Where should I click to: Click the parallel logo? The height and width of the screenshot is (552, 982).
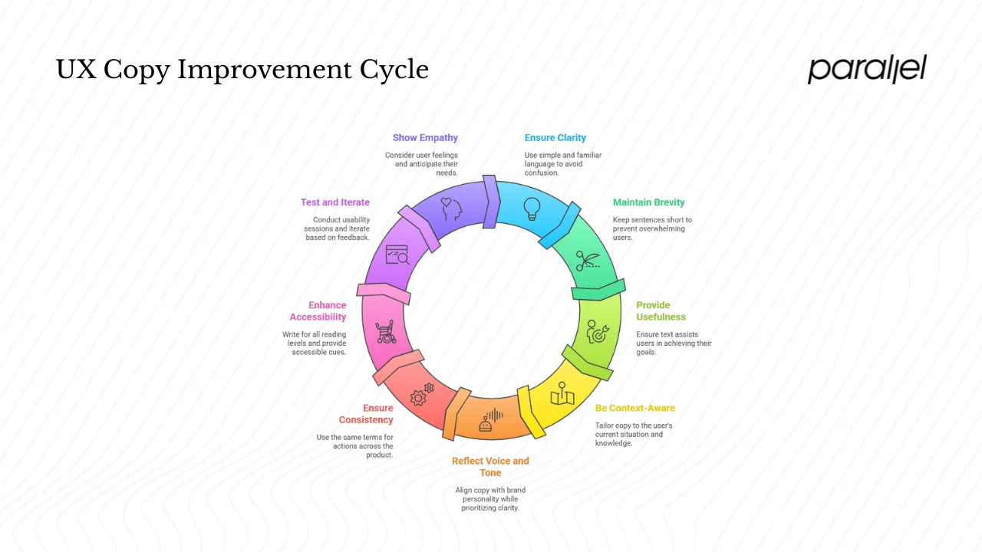(x=867, y=69)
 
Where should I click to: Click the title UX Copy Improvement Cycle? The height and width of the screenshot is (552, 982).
(x=242, y=70)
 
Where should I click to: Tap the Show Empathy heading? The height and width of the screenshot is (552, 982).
(x=425, y=138)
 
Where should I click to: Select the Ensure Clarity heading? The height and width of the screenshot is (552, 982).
(x=555, y=138)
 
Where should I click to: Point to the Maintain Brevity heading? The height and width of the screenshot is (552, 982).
(x=648, y=202)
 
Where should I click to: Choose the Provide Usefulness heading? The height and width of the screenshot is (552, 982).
(x=661, y=311)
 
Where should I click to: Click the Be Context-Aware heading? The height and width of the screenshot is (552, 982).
(x=635, y=408)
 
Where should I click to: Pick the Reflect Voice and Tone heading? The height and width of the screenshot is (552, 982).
(x=490, y=467)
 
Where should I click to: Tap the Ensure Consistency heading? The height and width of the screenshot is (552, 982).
(x=366, y=414)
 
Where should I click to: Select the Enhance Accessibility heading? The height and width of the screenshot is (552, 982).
(x=318, y=311)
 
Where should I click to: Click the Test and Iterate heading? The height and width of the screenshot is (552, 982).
(x=334, y=202)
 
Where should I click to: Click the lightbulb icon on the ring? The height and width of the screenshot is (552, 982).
(x=532, y=209)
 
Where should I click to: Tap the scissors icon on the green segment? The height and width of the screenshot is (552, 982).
(x=586, y=261)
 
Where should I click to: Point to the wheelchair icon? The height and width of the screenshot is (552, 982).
(x=385, y=332)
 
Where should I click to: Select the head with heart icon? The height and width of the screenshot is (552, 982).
(x=450, y=209)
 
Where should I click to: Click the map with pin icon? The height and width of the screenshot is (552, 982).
(x=562, y=393)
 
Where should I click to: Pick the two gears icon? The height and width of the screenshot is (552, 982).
(x=422, y=395)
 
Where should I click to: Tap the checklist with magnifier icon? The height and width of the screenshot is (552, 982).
(x=397, y=255)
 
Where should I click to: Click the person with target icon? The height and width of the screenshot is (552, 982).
(x=597, y=332)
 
